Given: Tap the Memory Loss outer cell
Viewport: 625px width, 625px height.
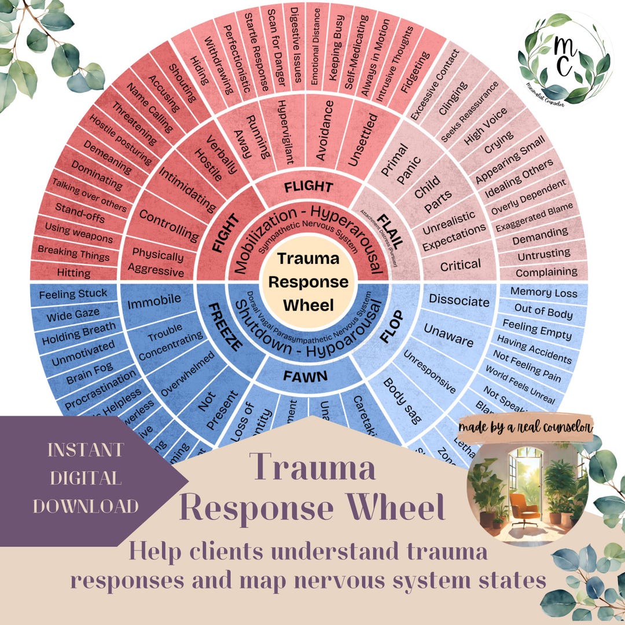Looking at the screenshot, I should pyautogui.click(x=543, y=293).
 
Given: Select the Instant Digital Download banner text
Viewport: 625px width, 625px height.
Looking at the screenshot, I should pyautogui.click(x=85, y=478).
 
